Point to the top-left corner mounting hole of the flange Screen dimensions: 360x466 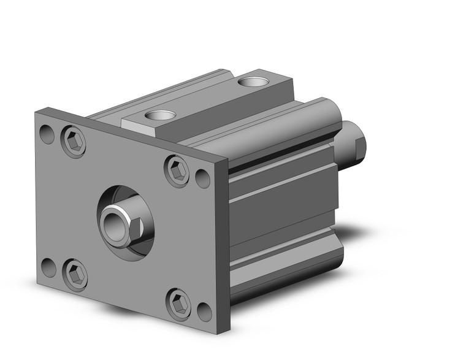(x=47, y=132)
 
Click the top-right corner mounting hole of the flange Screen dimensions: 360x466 (x=203, y=178)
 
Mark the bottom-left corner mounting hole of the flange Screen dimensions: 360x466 (x=48, y=267)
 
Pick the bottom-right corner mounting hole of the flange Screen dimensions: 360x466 (x=204, y=312)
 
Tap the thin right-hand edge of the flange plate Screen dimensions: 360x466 (x=224, y=245)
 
